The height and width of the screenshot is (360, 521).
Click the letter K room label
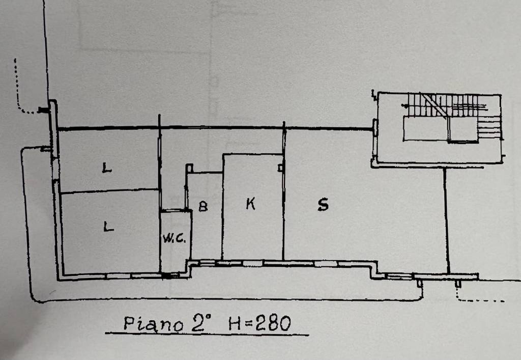[250, 204]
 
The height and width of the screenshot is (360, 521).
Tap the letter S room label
[323, 204]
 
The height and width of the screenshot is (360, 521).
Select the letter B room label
[203, 207]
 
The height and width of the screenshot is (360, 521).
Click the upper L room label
[107, 168]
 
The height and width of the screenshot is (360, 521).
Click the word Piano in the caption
[153, 323]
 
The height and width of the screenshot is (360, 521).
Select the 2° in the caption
[201, 322]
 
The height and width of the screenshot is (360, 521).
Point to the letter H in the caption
[235, 323]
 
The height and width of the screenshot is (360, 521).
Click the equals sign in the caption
[248, 323]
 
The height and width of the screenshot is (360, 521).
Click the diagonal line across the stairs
[435, 105]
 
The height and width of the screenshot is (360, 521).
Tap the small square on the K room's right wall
[280, 168]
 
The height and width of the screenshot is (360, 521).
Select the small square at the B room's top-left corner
[189, 168]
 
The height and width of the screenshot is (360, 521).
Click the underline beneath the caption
[207, 334]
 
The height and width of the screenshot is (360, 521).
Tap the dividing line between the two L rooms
[110, 191]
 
